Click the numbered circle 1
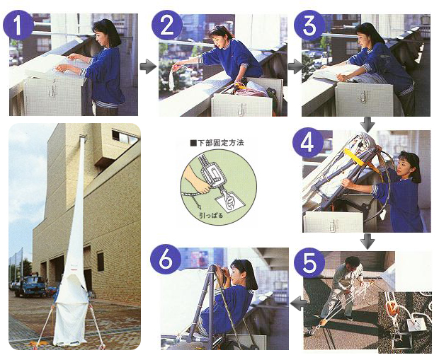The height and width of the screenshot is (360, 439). pyautogui.click(x=18, y=25)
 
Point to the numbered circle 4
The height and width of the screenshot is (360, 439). pyautogui.click(x=308, y=143)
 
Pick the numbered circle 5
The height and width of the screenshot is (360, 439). pyautogui.click(x=309, y=264)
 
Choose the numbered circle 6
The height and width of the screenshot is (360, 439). pyautogui.click(x=166, y=261)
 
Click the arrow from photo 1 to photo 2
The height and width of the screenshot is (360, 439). pyautogui.click(x=148, y=67)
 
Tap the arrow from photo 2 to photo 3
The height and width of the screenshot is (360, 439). pyautogui.click(x=296, y=67)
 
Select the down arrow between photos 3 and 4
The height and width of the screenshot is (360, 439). pyautogui.click(x=367, y=124)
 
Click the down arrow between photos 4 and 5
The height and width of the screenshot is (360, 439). pyautogui.click(x=367, y=242)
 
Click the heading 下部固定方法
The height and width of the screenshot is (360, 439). pyautogui.click(x=217, y=143)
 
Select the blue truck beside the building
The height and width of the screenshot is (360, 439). pyautogui.click(x=30, y=286)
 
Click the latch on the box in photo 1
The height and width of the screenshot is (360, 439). pyautogui.click(x=52, y=90)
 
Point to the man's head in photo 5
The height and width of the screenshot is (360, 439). pyautogui.click(x=352, y=263)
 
